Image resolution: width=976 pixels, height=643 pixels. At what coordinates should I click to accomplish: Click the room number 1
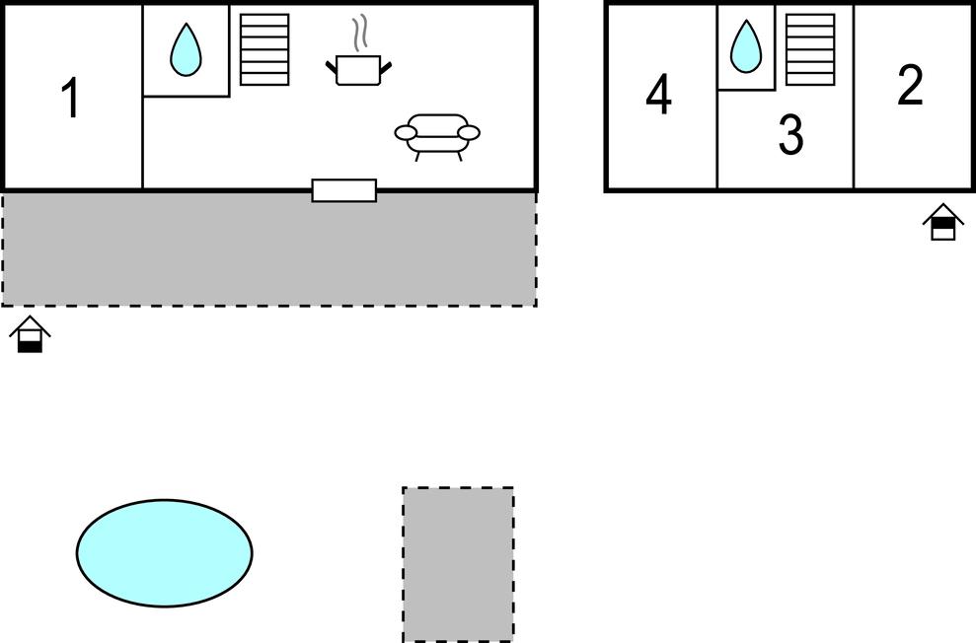tap(70, 100)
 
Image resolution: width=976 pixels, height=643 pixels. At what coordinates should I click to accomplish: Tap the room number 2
tap(910, 86)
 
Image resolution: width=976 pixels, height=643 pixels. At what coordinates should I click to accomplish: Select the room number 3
tap(789, 135)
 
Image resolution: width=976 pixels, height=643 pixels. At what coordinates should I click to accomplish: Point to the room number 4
tap(659, 96)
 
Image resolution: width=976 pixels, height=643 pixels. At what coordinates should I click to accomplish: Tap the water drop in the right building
tap(746, 46)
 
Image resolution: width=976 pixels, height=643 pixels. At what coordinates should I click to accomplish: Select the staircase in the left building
tap(264, 49)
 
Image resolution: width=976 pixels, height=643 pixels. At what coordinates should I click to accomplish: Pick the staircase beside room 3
tap(810, 49)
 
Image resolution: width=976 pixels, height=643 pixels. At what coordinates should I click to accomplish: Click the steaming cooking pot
tap(357, 69)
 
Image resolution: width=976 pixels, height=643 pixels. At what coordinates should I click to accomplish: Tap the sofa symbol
tap(437, 135)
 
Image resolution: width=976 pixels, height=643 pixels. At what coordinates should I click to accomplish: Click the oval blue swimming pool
tap(164, 552)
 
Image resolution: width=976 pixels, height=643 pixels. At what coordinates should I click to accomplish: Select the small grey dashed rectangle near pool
tap(458, 563)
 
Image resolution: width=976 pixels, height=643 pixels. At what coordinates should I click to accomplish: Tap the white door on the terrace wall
tap(343, 190)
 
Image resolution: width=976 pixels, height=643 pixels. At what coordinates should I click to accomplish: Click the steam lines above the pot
tap(362, 32)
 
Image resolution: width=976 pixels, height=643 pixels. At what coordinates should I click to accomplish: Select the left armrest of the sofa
tap(406, 132)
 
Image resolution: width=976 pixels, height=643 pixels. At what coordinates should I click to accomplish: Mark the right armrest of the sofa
tap(469, 132)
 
